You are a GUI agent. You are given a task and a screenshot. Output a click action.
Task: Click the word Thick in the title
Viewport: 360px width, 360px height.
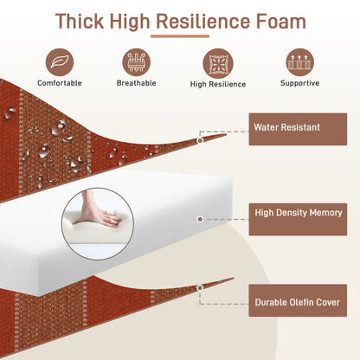pos(80,21)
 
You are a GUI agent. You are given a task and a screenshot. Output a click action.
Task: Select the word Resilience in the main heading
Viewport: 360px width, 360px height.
pos(203,21)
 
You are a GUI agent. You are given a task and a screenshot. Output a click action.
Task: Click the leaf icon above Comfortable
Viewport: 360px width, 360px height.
pos(60,62)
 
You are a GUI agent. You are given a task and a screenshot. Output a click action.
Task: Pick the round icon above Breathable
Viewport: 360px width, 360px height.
pos(137,62)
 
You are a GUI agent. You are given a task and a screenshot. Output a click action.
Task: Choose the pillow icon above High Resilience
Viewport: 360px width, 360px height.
pos(218,63)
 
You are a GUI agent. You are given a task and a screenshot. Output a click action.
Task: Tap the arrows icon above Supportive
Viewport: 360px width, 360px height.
pos(300,62)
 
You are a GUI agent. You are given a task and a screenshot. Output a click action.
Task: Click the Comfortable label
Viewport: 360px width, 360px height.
pos(60,83)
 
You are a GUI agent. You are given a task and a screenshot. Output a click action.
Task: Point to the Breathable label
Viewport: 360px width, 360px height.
pos(137,83)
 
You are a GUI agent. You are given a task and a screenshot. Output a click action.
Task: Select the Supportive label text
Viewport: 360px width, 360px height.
pos(300,83)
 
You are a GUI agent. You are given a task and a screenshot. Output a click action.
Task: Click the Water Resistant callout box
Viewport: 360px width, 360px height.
pos(298,129)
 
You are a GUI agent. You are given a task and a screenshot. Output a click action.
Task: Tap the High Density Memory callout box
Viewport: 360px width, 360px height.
pos(298,219)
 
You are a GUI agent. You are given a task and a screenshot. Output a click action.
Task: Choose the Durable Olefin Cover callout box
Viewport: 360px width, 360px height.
pos(298,300)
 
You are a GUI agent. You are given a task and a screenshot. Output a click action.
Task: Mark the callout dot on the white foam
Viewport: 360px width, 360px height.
pos(200,219)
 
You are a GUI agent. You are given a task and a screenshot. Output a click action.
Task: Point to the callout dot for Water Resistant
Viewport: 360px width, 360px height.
pos(200,140)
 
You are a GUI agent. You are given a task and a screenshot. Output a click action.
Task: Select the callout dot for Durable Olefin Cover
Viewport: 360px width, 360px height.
pos(200,287)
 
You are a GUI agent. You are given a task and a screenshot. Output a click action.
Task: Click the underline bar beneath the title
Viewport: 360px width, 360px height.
pos(180,36)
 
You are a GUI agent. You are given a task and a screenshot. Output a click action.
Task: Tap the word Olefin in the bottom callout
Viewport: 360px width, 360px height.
pos(300,302)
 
